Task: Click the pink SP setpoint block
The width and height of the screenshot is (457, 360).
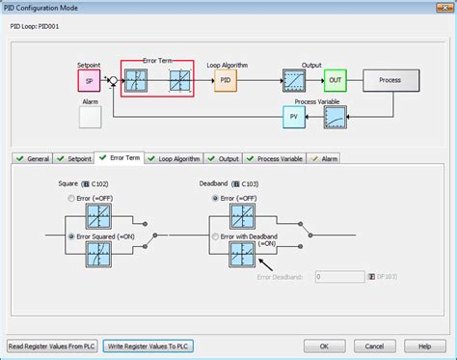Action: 89,80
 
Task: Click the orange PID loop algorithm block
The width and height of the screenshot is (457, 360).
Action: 225,80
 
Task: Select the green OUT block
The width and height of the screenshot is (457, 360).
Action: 335,80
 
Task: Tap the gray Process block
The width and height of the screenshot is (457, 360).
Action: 390,80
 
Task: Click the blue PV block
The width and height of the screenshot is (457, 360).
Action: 294,118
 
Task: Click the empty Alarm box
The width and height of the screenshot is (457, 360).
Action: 90,118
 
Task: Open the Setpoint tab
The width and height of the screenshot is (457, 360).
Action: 73,158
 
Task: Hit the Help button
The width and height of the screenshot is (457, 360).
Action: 423,346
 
